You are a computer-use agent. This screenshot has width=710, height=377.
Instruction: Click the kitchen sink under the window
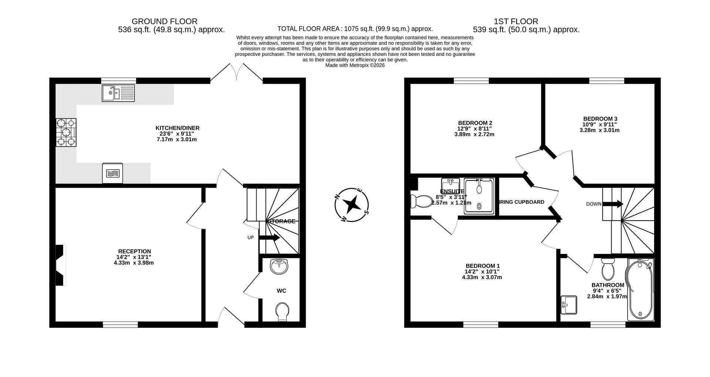pyautogui.click(x=118, y=93)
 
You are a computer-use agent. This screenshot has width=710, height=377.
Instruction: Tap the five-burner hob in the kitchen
pyautogui.click(x=66, y=132)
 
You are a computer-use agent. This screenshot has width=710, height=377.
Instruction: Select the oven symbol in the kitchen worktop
pyautogui.click(x=112, y=173)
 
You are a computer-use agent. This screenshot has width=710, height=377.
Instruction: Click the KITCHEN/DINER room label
pyautogui.click(x=177, y=128)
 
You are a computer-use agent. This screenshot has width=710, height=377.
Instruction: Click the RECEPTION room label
pyautogui.click(x=134, y=251)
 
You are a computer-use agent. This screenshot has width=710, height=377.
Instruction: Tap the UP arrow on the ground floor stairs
pyautogui.click(x=269, y=238)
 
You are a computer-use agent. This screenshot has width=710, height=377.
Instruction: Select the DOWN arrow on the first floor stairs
pyautogui.click(x=613, y=204)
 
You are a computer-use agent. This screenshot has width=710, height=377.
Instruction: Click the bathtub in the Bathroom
pyautogui.click(x=640, y=290)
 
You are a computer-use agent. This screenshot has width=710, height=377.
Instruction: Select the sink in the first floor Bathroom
pyautogui.click(x=568, y=305)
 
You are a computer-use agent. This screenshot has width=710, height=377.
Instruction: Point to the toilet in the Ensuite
pyautogui.click(x=421, y=201)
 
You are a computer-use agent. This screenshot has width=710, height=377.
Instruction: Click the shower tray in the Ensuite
pyautogui.click(x=479, y=196)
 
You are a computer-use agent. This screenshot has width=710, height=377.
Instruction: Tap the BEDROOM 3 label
pyautogui.click(x=599, y=119)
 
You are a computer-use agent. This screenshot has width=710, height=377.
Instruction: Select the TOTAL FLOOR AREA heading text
pyautogui.click(x=355, y=29)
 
